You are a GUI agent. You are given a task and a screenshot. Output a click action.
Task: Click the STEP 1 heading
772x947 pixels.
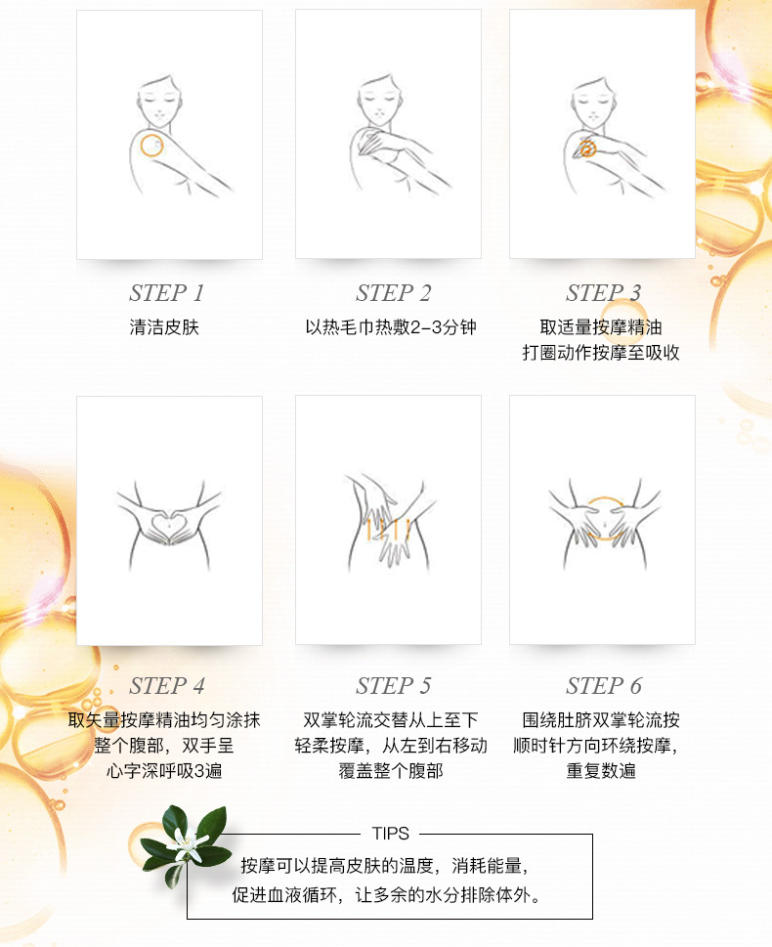click(167, 293)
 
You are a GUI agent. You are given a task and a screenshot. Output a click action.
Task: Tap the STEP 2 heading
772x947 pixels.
click(393, 293)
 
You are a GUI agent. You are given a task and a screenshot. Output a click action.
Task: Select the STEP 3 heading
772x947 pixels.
click(603, 293)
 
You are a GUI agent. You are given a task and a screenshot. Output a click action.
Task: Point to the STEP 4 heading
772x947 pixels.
click(167, 685)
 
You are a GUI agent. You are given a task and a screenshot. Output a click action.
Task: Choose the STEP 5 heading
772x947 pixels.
click(393, 685)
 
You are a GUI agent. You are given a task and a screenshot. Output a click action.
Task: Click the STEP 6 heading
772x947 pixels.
click(604, 685)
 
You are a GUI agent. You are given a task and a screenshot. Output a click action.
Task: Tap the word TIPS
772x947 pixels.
click(391, 834)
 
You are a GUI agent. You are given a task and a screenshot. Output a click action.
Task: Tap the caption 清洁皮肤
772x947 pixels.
click(164, 327)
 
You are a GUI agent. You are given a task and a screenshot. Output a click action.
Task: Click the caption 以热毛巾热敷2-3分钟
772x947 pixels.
click(391, 327)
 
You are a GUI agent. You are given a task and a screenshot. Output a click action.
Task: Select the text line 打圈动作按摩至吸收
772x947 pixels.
click(601, 353)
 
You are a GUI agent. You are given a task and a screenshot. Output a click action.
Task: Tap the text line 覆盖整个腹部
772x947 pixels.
click(391, 771)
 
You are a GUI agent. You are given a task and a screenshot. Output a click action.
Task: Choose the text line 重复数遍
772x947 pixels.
click(601, 771)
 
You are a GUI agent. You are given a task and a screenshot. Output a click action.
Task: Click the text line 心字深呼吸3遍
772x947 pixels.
click(164, 771)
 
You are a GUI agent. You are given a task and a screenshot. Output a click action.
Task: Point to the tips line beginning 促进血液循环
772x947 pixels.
click(387, 894)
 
